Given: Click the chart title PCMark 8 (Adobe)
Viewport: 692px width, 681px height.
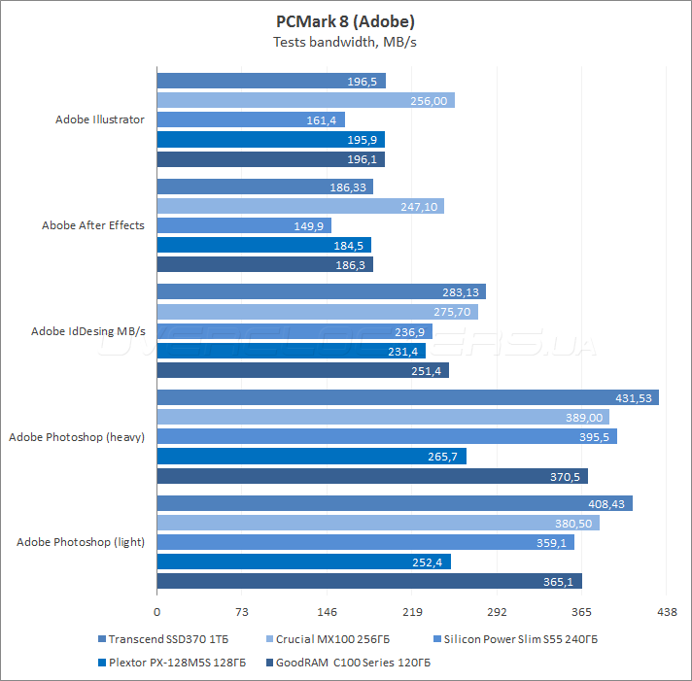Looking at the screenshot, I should (x=345, y=21).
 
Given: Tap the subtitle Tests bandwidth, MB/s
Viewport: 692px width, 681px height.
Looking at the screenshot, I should (x=345, y=42).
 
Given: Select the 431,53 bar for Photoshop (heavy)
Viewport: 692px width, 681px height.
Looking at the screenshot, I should (x=407, y=397).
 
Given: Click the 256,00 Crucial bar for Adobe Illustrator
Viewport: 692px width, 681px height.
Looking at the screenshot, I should (x=305, y=100).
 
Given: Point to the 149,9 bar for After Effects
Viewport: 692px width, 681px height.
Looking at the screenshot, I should (x=243, y=225).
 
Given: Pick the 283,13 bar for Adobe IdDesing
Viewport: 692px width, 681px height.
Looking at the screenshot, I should (x=321, y=291).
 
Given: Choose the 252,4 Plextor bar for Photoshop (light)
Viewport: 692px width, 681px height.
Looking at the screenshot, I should (x=303, y=562).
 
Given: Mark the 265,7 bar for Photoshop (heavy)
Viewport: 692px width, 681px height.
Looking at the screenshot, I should (x=311, y=456).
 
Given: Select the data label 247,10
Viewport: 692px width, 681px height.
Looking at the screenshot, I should (x=420, y=206).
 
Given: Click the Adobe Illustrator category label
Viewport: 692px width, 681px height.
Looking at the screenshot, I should (x=99, y=119).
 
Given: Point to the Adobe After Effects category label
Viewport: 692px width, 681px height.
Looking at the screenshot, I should (x=92, y=225).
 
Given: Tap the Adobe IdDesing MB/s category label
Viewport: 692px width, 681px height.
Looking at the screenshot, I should (x=87, y=331).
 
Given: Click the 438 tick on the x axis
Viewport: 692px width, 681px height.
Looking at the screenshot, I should (x=666, y=612).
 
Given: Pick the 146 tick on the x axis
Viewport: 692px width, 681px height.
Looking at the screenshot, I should (x=327, y=612).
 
